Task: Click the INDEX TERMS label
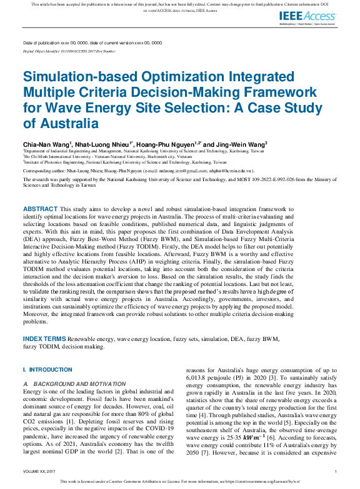coord(44,338)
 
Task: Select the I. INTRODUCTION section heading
coord(47,370)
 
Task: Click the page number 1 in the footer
coord(336,471)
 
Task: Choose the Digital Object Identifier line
coord(69,51)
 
